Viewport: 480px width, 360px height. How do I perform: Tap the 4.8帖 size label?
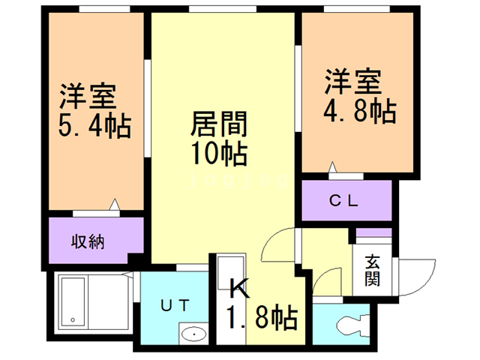click(359, 111)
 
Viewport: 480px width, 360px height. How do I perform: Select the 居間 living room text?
click(219, 123)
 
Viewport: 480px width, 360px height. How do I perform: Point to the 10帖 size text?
click(219, 153)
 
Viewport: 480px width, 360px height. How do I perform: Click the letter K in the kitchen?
click(238, 288)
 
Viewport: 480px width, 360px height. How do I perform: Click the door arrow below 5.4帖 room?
click(115, 204)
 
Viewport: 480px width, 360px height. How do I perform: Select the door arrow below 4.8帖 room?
click(332, 168)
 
